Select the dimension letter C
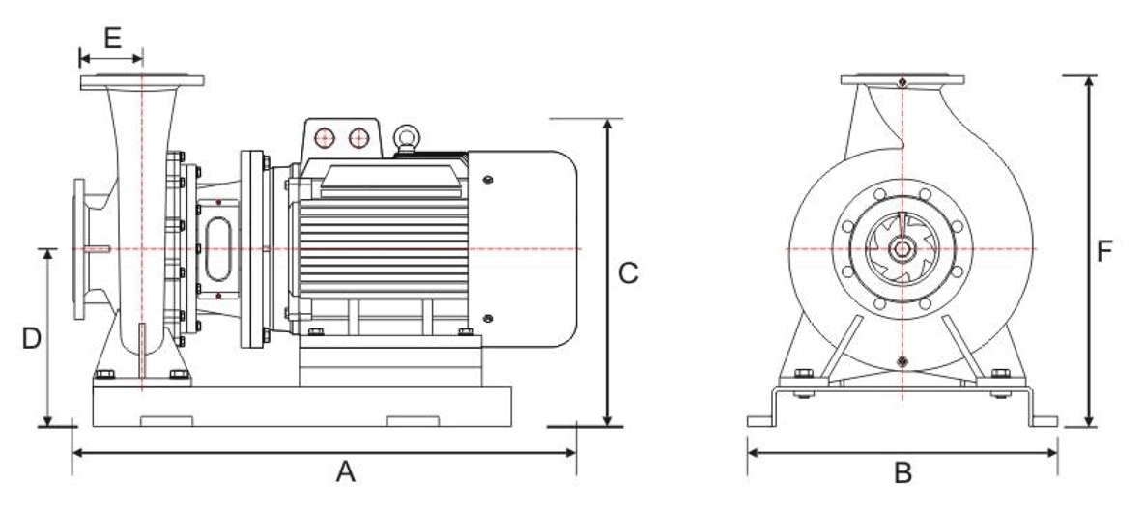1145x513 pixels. click(628, 273)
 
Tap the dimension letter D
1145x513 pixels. click(32, 339)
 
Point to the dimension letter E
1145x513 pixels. click(111, 39)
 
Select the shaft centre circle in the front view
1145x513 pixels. click(902, 248)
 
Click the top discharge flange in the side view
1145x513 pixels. click(142, 81)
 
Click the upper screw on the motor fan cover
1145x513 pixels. click(486, 180)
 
